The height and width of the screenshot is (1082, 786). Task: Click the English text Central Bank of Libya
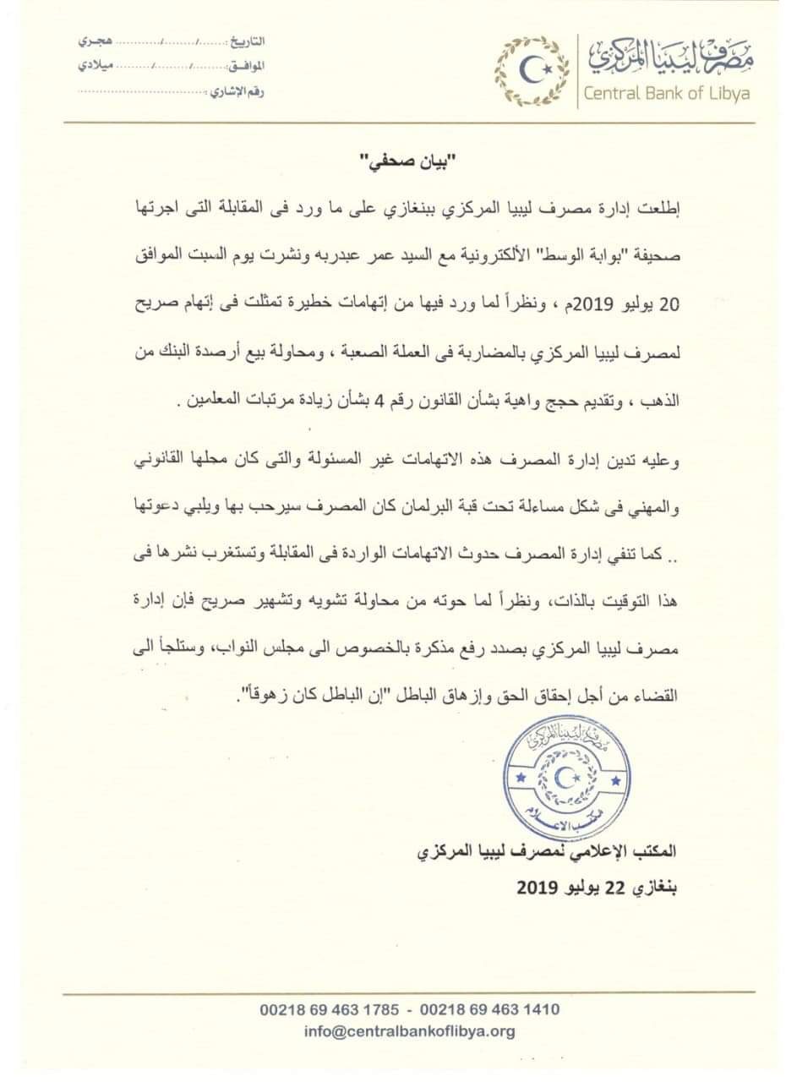tap(666, 94)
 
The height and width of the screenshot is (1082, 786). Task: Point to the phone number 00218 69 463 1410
tap(489, 1009)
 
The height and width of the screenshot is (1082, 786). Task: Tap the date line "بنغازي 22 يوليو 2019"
tap(596, 888)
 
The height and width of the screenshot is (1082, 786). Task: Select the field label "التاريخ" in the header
tap(247, 41)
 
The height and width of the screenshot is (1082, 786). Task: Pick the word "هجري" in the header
tap(93, 41)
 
